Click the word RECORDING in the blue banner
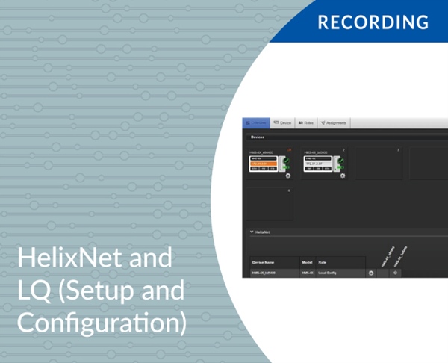point(373,22)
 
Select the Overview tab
point(256,122)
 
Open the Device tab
point(282,122)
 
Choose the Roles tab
point(306,122)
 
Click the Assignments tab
point(334,122)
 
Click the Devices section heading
point(258,137)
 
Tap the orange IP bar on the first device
point(264,163)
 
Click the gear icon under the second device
point(343,176)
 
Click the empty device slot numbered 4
point(270,204)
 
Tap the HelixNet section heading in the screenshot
point(262,232)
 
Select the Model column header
point(306,262)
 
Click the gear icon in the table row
point(371,273)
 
